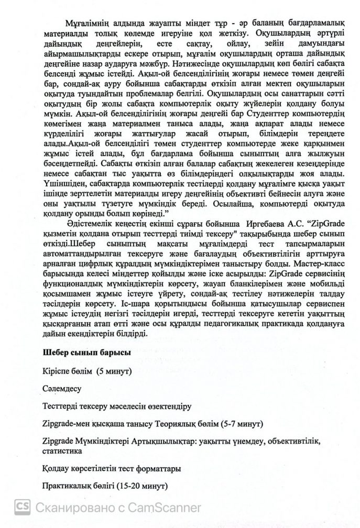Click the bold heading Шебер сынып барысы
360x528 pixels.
coord(86,352)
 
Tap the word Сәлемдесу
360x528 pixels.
coord(63,388)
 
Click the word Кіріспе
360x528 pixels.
coord(59,370)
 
